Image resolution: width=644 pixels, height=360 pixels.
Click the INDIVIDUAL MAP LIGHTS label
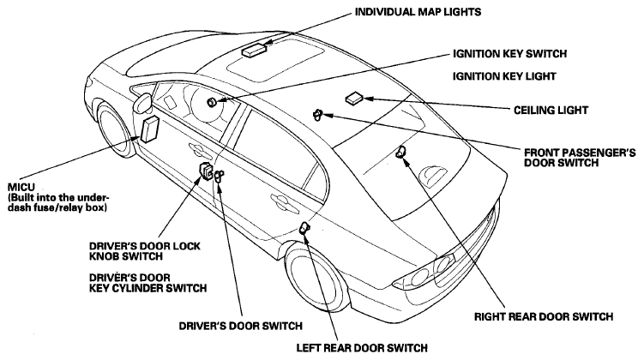[x=418, y=12]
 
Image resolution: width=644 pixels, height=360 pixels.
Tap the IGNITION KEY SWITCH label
[x=509, y=54]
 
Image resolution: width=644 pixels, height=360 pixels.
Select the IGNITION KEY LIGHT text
[x=504, y=76]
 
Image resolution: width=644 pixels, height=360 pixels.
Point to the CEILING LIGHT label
[x=551, y=110]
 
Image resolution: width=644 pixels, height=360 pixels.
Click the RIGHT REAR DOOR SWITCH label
[x=544, y=317]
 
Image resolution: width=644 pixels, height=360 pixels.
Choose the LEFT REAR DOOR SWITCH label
[x=362, y=348]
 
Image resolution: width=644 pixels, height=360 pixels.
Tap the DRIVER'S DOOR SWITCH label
[x=240, y=326]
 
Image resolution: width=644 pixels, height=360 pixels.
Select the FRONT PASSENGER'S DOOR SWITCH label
[x=580, y=158]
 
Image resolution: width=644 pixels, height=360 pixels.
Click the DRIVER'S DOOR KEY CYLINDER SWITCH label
[x=147, y=283]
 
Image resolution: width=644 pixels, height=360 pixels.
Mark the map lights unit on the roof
[x=254, y=50]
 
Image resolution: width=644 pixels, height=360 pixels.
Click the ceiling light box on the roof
[x=354, y=99]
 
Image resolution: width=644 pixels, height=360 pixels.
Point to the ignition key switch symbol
[x=213, y=102]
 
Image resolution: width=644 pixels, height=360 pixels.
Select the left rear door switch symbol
[x=304, y=227]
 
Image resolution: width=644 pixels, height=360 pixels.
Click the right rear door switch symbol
[x=400, y=152]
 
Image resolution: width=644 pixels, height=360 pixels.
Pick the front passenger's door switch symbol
[x=317, y=115]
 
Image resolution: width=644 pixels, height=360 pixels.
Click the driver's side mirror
[x=143, y=103]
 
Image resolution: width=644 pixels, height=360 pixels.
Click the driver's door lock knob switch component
[x=206, y=171]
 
